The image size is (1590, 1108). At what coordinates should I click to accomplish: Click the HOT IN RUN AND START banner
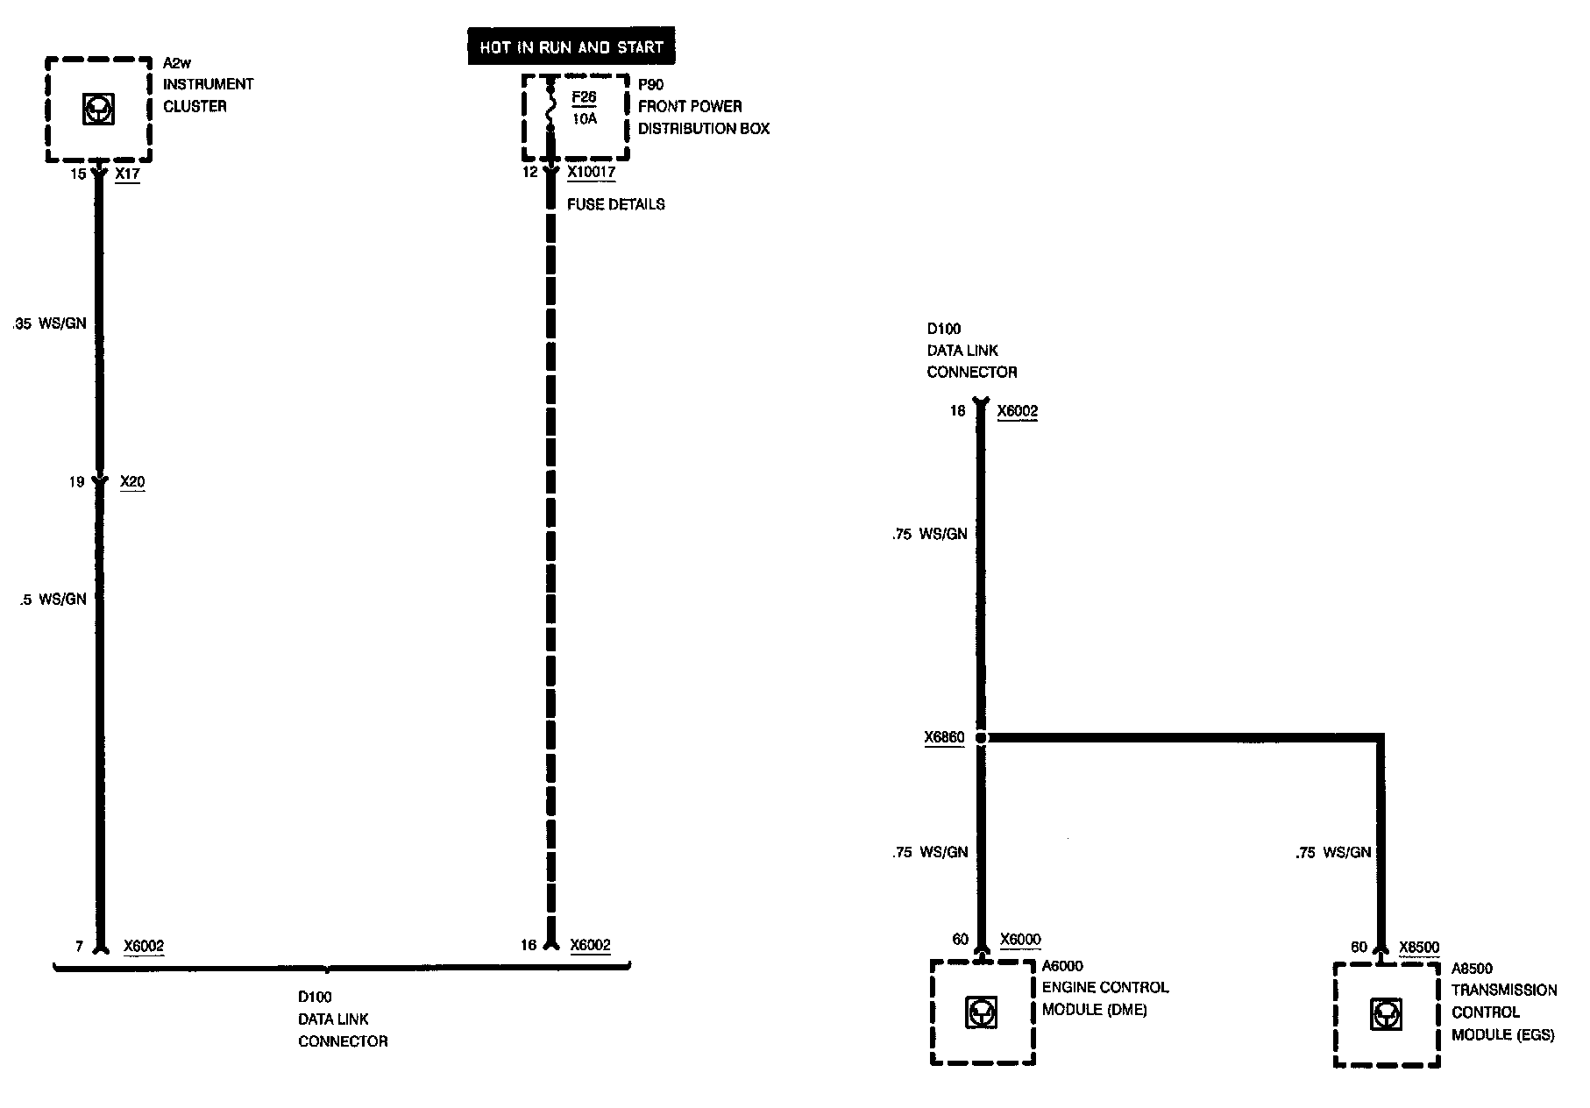[x=571, y=47]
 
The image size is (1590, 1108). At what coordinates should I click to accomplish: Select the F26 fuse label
[x=584, y=97]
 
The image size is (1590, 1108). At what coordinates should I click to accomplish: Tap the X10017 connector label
[x=591, y=173]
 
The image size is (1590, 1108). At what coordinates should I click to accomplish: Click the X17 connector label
[x=127, y=174]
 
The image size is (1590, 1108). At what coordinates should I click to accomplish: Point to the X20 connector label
[x=132, y=482]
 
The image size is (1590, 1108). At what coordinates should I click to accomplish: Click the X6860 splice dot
[x=982, y=738]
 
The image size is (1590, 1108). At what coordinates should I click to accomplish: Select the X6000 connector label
[x=1020, y=941]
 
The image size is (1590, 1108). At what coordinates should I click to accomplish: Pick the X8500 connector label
[x=1419, y=948]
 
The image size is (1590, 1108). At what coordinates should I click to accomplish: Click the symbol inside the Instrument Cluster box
[x=99, y=110]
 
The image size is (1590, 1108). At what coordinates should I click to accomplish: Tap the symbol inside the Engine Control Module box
[x=982, y=1013]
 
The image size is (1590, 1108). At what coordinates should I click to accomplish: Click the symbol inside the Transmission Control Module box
[x=1385, y=1015]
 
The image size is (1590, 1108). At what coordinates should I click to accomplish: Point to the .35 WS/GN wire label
[x=50, y=323]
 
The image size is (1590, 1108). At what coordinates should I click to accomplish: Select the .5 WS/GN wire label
[x=53, y=600]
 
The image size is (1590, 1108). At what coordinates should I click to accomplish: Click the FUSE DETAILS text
[x=615, y=204]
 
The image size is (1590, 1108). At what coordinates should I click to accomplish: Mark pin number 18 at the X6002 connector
[x=957, y=411]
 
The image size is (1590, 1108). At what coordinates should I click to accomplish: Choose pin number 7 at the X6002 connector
[x=79, y=947]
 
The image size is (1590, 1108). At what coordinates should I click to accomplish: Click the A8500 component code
[x=1472, y=969]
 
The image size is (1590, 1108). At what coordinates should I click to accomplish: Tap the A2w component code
[x=177, y=63]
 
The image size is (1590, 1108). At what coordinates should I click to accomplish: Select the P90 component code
[x=650, y=85]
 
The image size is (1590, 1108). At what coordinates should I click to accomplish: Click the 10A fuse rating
[x=585, y=118]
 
